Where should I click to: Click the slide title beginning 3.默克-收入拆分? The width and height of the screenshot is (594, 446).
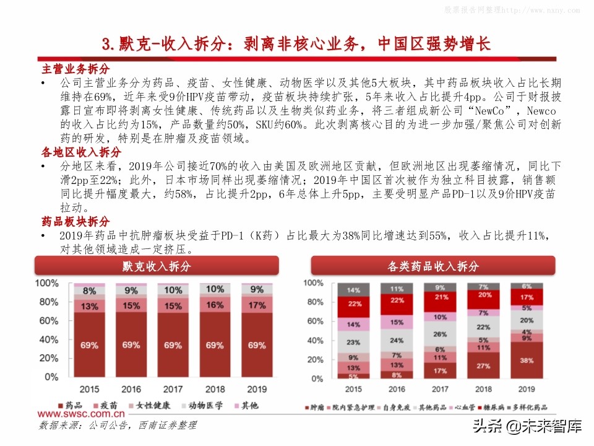pyautogui.click(x=296, y=44)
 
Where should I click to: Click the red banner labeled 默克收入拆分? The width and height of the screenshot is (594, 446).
pyautogui.click(x=157, y=266)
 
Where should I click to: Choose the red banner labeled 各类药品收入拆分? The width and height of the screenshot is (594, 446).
pyautogui.click(x=433, y=266)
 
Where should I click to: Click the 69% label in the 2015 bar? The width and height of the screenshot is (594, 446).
pyautogui.click(x=89, y=345)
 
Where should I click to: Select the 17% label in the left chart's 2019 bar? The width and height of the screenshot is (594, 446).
pyautogui.click(x=257, y=305)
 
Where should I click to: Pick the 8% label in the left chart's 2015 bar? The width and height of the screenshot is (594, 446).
pyautogui.click(x=89, y=291)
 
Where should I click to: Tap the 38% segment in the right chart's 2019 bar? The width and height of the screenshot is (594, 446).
pyautogui.click(x=527, y=360)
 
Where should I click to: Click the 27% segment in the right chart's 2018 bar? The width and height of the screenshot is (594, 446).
pyautogui.click(x=483, y=365)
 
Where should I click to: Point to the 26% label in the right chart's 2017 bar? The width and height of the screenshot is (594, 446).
pyautogui.click(x=439, y=334)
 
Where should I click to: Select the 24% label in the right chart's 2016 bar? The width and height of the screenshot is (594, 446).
pyautogui.click(x=397, y=340)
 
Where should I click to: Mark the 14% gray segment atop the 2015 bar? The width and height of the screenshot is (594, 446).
pyautogui.click(x=353, y=290)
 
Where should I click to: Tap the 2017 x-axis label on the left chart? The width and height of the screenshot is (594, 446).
pyautogui.click(x=173, y=389)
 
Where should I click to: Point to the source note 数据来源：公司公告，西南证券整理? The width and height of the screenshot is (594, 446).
pyautogui.click(x=118, y=426)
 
